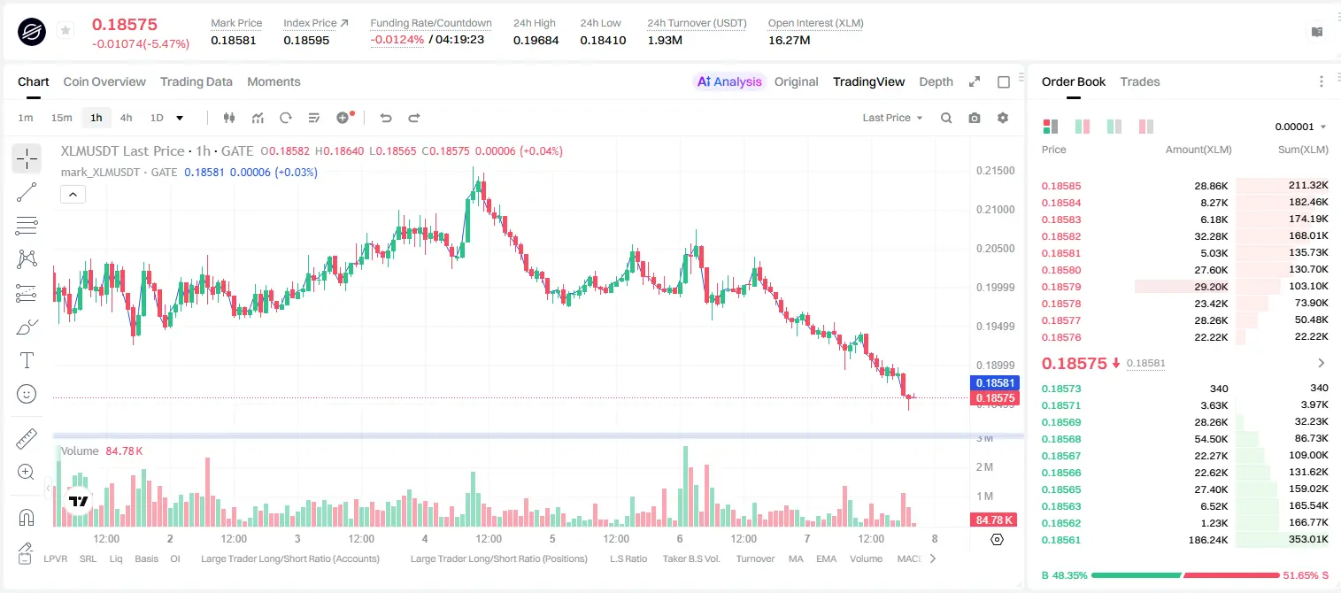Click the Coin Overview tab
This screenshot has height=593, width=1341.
point(104,81)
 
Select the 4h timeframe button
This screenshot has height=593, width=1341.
point(126,118)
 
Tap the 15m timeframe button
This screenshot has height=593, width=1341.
point(61,118)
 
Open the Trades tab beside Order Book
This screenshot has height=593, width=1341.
point(1140,81)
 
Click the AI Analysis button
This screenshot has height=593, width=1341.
point(729,81)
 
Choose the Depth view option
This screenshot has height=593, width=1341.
point(936,81)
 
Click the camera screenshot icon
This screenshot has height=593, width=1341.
point(975,118)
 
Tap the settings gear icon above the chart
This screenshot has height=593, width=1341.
point(1003,118)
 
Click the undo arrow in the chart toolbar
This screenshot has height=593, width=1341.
point(386,118)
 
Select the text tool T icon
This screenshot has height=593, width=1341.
point(27,360)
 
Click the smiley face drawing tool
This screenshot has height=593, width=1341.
point(27,394)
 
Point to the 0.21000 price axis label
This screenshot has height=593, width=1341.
point(996,210)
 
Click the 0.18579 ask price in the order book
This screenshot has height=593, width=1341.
point(1060,287)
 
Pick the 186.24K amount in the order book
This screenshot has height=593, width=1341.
point(1208,540)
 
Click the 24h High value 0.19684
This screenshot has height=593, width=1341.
point(536,40)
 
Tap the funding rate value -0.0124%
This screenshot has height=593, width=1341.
point(397,40)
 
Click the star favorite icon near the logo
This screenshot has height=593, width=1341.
point(66,30)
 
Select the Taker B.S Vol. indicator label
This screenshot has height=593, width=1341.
point(690,558)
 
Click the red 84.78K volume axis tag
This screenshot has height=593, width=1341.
point(994,520)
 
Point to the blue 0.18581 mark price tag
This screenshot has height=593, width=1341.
point(995,383)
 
